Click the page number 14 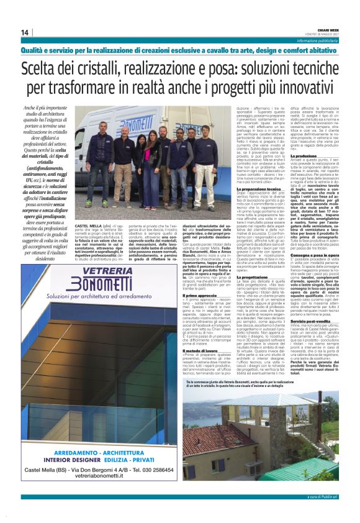tap(25, 32)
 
